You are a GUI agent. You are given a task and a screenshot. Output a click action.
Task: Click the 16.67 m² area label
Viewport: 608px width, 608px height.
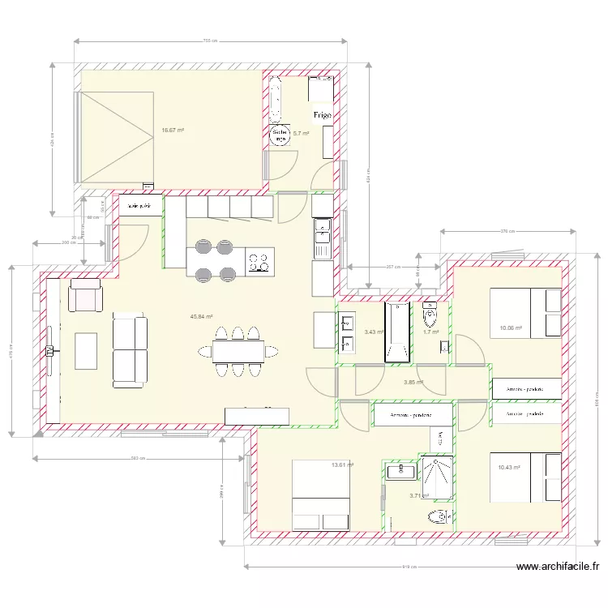click(172, 130)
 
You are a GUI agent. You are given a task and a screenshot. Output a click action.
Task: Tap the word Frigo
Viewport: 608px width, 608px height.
click(322, 116)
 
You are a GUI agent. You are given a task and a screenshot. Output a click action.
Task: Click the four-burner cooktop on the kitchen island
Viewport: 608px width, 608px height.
click(259, 262)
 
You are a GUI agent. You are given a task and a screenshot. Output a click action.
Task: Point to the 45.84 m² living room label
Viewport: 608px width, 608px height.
click(201, 317)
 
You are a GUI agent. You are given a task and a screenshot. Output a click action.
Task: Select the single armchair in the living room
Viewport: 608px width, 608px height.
click(85, 295)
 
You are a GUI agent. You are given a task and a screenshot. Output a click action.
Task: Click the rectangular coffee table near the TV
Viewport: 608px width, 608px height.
click(86, 350)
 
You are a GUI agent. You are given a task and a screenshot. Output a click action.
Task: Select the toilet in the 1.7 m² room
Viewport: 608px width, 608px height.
click(430, 313)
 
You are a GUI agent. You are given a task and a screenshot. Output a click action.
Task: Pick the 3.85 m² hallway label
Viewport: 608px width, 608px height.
click(413, 382)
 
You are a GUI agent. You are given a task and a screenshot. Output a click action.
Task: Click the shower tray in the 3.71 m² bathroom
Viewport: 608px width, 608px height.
click(437, 476)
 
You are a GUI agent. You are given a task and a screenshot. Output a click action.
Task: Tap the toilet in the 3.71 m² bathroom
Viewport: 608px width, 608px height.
click(439, 516)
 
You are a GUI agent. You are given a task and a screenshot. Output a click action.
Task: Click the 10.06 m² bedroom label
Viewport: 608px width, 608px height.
click(511, 328)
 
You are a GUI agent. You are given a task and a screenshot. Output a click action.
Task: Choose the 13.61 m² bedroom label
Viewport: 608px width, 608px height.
click(343, 465)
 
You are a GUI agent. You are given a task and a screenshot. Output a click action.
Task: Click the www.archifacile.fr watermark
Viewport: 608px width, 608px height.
click(557, 567)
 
